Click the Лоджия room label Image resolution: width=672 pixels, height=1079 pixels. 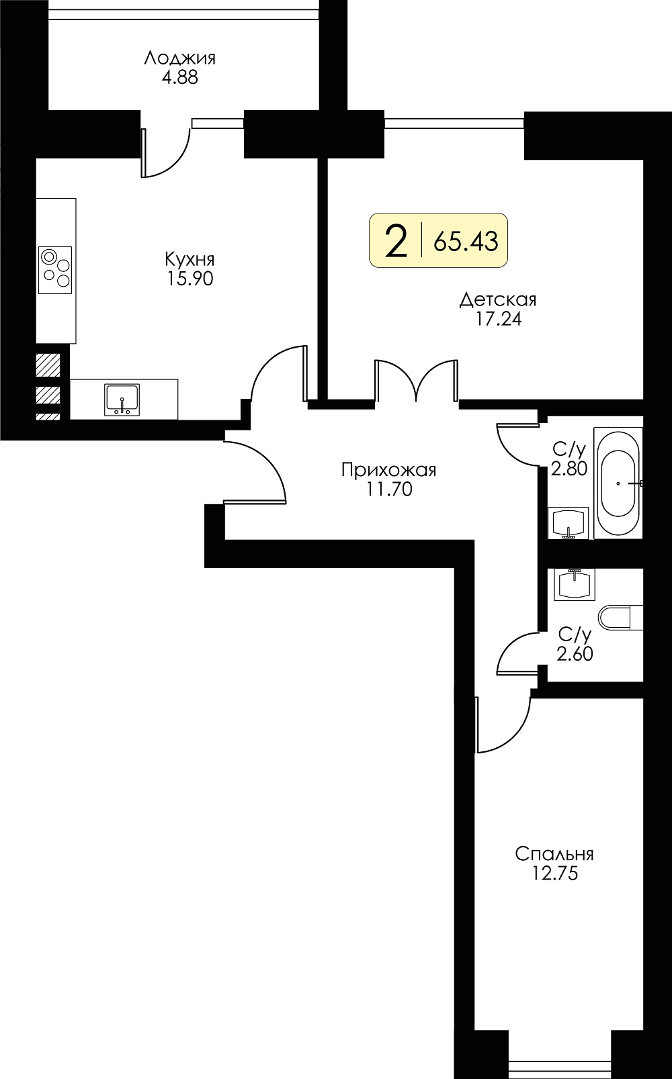(x=180, y=58)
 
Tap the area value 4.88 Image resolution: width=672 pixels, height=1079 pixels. (x=180, y=78)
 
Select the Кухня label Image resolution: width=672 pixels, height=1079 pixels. (x=190, y=259)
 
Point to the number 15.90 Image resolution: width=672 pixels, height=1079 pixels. (x=190, y=279)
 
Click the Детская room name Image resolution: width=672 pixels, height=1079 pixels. (x=498, y=299)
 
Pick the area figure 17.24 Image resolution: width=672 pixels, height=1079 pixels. (x=499, y=319)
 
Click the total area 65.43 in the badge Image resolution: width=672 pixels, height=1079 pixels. (x=466, y=241)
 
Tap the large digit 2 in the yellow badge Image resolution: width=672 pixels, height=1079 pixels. (x=396, y=242)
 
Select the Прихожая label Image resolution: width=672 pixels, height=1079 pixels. (x=388, y=469)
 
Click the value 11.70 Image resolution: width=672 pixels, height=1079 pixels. (x=389, y=489)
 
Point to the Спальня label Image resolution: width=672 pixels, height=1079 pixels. (x=554, y=854)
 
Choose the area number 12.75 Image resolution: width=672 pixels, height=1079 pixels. (x=554, y=874)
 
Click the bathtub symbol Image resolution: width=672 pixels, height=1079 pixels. (x=618, y=483)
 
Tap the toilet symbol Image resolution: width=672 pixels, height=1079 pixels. (x=620, y=618)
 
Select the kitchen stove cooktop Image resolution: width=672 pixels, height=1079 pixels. (x=55, y=270)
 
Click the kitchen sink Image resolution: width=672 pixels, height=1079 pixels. (x=122, y=400)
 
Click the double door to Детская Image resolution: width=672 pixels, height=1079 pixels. (x=417, y=381)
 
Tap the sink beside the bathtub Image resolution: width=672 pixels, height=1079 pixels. (x=569, y=523)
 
